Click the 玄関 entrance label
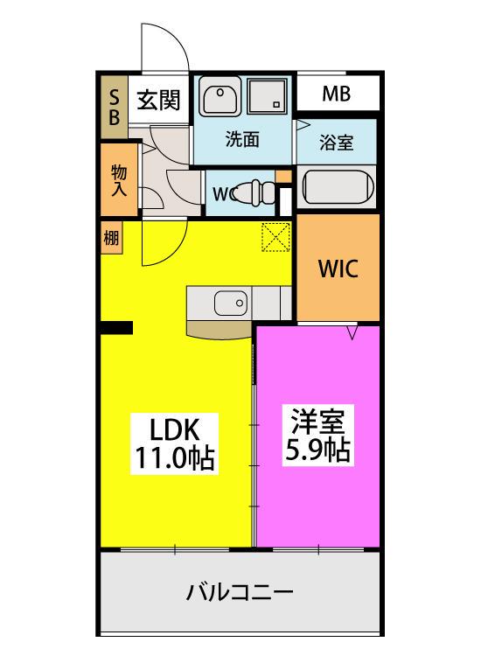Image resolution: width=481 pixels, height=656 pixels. point(158,101)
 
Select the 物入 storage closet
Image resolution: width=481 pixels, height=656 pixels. point(118,181)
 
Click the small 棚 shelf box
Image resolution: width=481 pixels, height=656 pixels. point(111,236)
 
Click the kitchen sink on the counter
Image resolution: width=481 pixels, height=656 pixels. point(233,304)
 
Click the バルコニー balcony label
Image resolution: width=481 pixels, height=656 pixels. point(239,592)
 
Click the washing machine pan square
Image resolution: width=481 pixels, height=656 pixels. point(268,96)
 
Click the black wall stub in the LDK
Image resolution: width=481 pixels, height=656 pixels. point(115,327)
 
